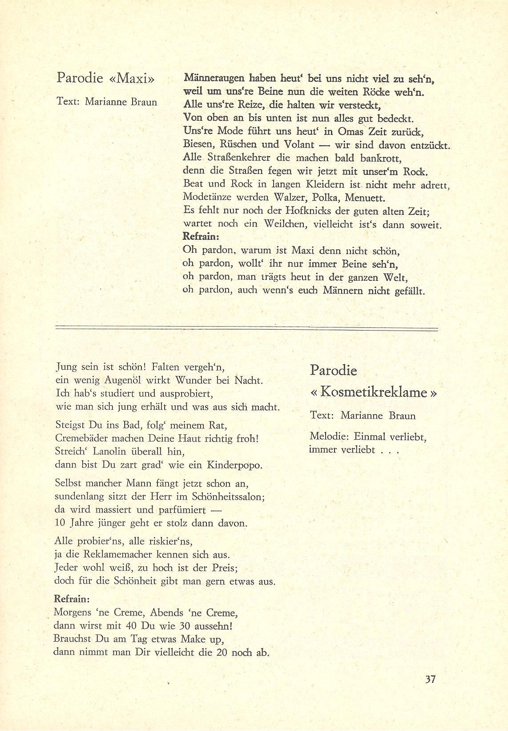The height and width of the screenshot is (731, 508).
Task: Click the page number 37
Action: (x=430, y=679)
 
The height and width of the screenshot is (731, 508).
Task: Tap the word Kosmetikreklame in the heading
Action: (x=373, y=392)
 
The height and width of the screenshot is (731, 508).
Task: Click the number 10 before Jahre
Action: (x=60, y=523)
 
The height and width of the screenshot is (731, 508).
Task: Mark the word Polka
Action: (x=327, y=198)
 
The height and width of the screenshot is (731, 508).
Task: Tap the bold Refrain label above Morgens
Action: (x=72, y=598)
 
